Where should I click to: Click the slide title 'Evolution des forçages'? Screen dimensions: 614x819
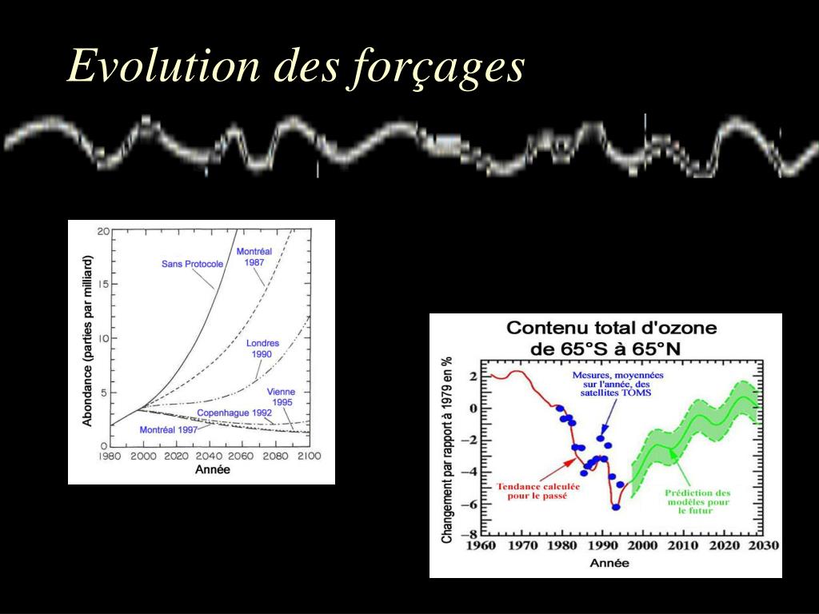click(x=296, y=66)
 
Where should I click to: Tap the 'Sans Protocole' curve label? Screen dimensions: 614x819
click(x=192, y=264)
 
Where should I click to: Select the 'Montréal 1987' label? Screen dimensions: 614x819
click(x=254, y=257)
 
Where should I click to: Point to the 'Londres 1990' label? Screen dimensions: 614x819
click(x=262, y=349)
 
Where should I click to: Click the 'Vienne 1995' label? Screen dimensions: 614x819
click(x=281, y=397)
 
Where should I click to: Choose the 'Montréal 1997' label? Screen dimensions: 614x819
click(x=168, y=429)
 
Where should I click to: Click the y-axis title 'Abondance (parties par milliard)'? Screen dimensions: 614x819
click(x=88, y=340)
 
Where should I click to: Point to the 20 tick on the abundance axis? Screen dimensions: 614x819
click(x=103, y=232)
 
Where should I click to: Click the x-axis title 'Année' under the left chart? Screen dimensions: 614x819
click(x=213, y=469)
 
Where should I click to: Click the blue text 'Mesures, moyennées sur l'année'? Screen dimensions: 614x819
click(x=617, y=384)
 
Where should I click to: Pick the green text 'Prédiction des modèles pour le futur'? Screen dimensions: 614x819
click(x=697, y=501)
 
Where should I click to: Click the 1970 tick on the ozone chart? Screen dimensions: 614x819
click(x=523, y=545)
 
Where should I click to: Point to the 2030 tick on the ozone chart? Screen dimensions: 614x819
click(x=763, y=545)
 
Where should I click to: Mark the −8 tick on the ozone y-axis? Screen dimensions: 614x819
click(x=473, y=534)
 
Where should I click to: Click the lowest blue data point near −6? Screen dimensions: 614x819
click(x=616, y=507)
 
